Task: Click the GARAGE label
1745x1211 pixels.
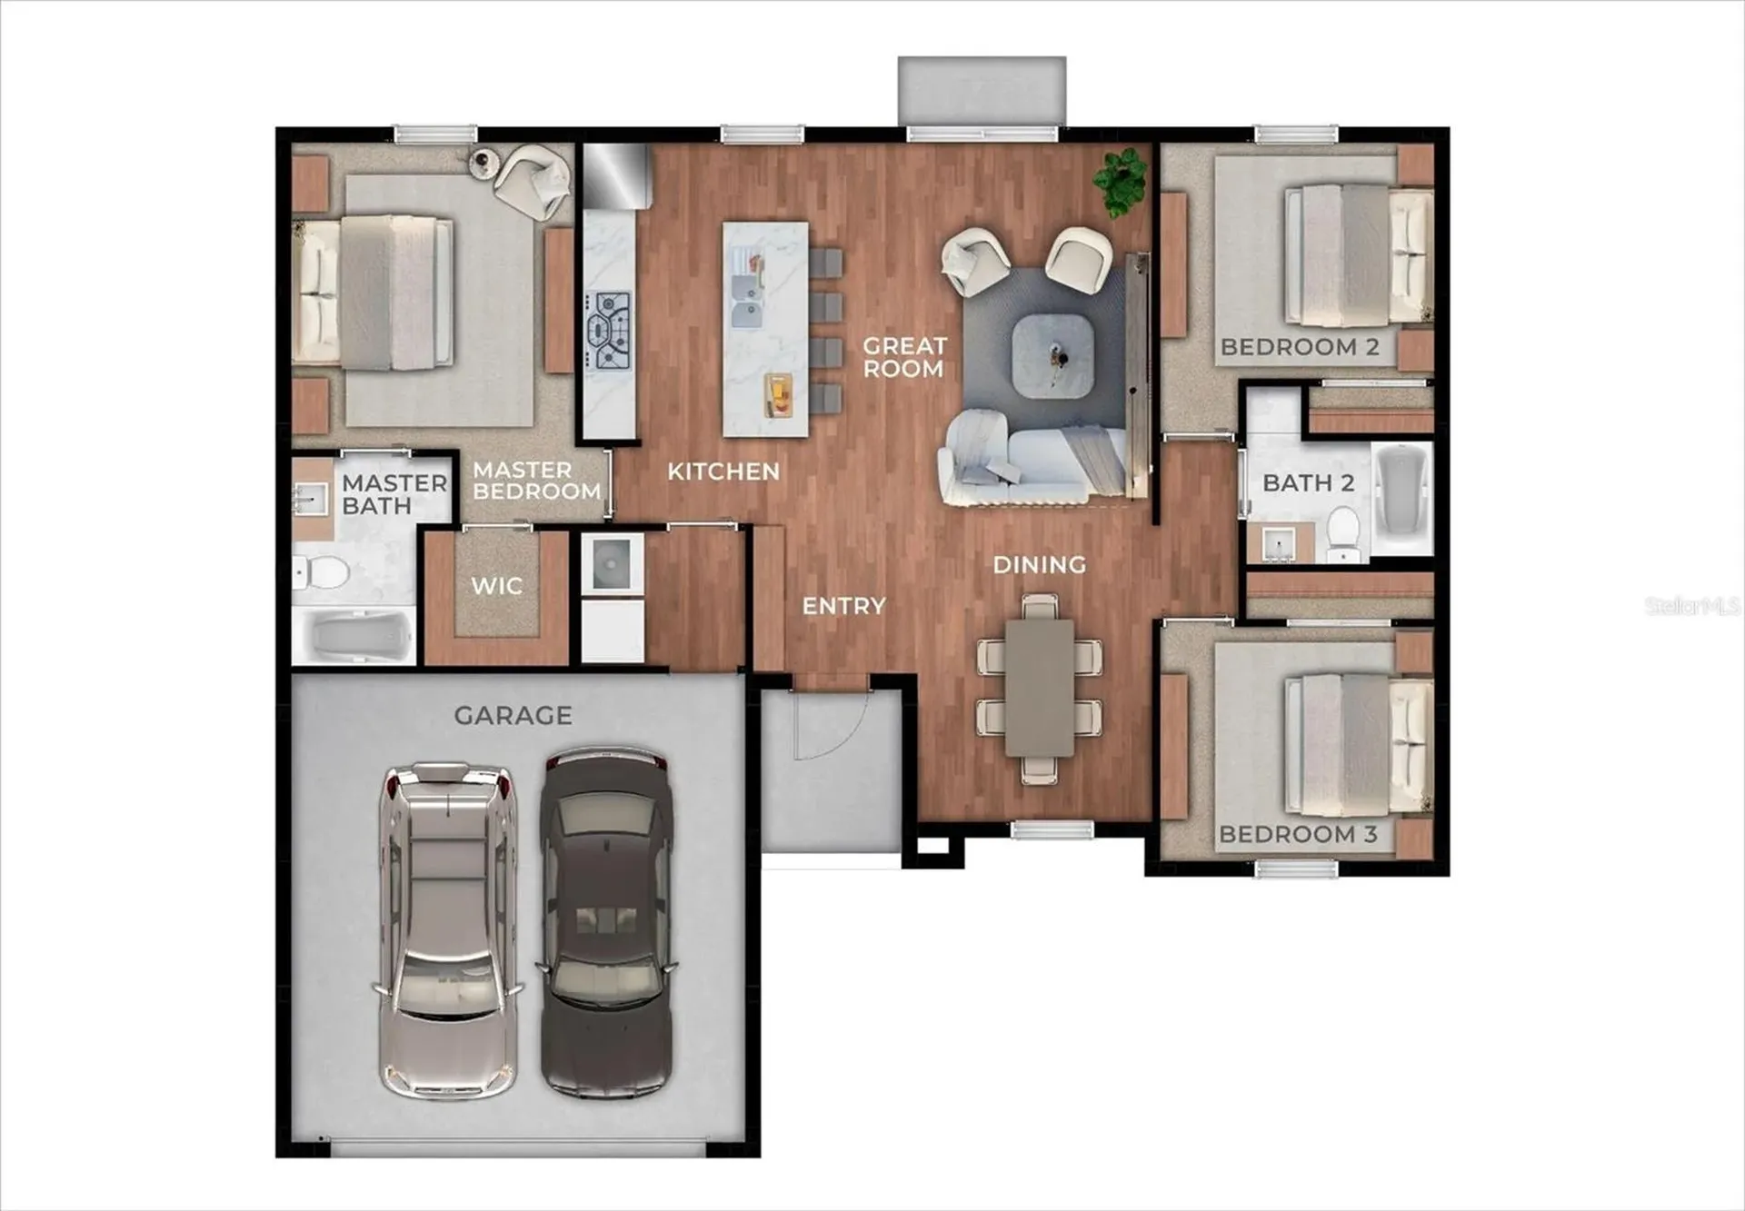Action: point(513,716)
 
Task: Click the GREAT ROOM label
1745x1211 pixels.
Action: point(903,357)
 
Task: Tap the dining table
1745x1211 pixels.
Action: point(1039,687)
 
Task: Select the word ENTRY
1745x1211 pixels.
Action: point(843,606)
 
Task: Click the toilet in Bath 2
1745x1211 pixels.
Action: point(1342,533)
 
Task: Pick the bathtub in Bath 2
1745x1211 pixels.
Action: point(1401,498)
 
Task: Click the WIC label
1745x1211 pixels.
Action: point(496,586)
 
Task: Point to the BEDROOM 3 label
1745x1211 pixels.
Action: point(1298,834)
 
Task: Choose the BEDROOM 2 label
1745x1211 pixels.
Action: point(1300,347)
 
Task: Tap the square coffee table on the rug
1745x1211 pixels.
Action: point(1052,355)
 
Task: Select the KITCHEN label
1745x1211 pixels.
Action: point(723,471)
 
